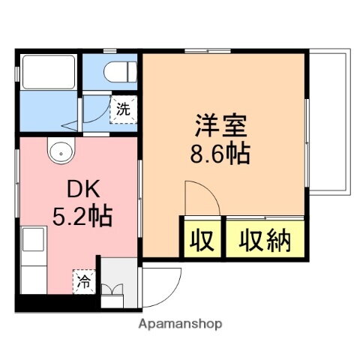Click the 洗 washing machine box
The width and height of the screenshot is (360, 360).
tap(124, 108)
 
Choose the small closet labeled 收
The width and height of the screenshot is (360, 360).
tap(201, 241)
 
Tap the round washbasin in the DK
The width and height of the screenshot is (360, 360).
tap(59, 152)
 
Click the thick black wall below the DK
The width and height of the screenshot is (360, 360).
tap(56, 304)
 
